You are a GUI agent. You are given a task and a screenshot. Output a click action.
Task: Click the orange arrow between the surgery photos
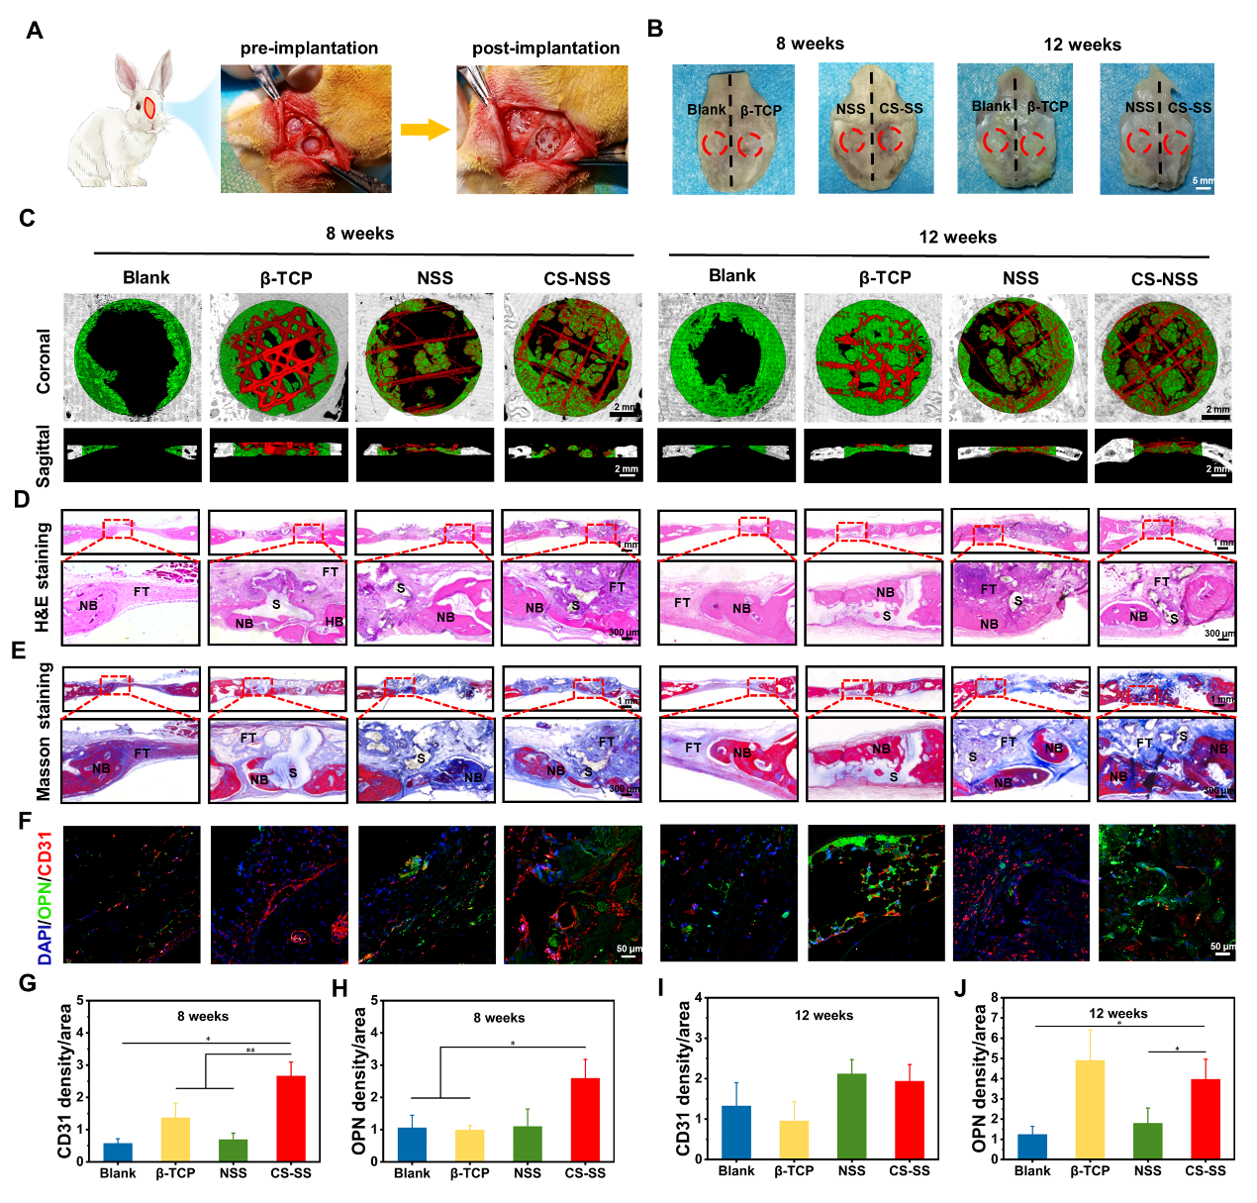(x=425, y=130)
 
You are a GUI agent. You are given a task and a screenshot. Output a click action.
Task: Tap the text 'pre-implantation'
(x=309, y=48)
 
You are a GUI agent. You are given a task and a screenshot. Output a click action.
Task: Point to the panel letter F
(x=25, y=822)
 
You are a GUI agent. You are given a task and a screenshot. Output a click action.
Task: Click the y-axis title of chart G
(x=65, y=1080)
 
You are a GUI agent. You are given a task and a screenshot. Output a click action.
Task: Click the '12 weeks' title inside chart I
(x=823, y=1015)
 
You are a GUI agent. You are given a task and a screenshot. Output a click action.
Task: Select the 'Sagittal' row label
(x=44, y=455)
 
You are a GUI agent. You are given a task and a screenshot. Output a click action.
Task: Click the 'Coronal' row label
(x=44, y=361)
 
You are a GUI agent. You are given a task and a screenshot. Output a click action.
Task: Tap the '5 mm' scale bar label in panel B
(x=1203, y=181)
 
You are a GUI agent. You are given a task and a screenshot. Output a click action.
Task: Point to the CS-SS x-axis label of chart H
(x=585, y=1173)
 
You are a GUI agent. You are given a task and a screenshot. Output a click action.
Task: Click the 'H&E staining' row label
(x=44, y=576)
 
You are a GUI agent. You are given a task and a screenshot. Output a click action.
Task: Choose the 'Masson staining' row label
(x=44, y=732)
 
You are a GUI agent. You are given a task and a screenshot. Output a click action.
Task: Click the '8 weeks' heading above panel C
(x=359, y=234)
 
